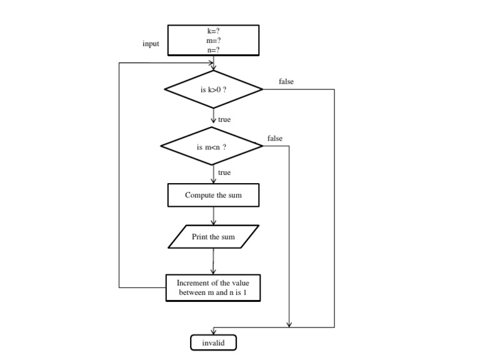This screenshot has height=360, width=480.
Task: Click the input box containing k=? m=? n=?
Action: click(x=213, y=40)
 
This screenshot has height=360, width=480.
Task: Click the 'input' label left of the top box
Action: click(x=151, y=44)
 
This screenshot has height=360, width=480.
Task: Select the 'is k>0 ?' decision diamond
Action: click(x=213, y=89)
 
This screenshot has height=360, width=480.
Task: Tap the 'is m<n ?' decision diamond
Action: click(x=212, y=147)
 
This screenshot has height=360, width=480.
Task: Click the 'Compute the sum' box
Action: click(x=213, y=195)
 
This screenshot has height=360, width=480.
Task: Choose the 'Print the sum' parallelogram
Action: click(x=213, y=237)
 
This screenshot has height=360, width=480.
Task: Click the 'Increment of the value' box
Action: click(x=213, y=287)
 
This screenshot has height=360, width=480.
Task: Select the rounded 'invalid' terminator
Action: click(x=213, y=343)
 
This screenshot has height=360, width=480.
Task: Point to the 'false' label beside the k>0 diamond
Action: click(x=286, y=82)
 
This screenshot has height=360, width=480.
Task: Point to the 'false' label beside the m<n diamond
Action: click(x=274, y=138)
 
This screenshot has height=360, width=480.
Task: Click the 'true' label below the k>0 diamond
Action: click(x=224, y=119)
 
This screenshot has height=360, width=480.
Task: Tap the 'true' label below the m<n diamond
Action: click(x=224, y=172)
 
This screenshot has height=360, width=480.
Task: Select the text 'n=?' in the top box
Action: click(x=213, y=49)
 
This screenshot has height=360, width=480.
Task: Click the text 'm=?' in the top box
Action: click(x=213, y=40)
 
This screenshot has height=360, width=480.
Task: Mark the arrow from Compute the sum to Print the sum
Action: click(x=214, y=216)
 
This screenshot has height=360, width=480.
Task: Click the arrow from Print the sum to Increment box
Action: click(x=213, y=261)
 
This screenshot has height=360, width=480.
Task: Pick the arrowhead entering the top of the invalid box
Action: click(x=214, y=332)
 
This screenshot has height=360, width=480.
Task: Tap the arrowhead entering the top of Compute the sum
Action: click(x=214, y=181)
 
